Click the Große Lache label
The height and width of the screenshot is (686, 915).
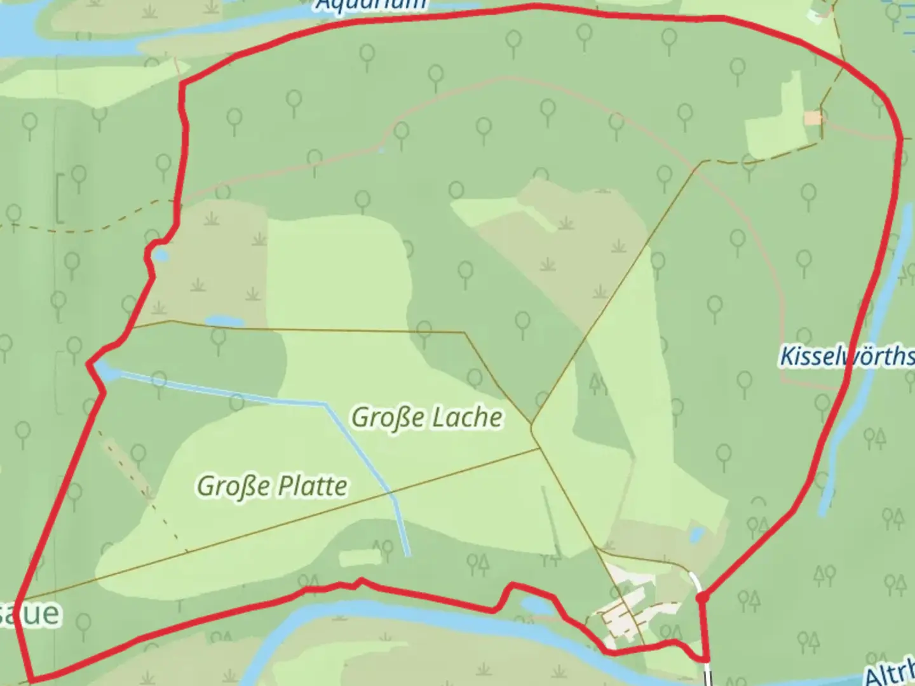coord(427,417)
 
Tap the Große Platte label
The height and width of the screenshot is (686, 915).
coord(272,486)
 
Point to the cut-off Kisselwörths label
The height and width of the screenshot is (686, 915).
coord(846,356)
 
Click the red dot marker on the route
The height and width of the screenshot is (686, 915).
coord(701,598)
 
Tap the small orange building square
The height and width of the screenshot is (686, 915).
coord(812,118)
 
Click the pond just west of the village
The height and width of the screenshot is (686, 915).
coord(538,605)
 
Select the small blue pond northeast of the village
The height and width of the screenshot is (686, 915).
coord(697,534)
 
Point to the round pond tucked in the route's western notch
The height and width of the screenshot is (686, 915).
coord(160,255)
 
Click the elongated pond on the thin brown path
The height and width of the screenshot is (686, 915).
coord(219,321)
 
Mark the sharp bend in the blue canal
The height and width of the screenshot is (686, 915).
coord(327,404)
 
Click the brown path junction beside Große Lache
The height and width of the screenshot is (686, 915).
coord(532,424)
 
